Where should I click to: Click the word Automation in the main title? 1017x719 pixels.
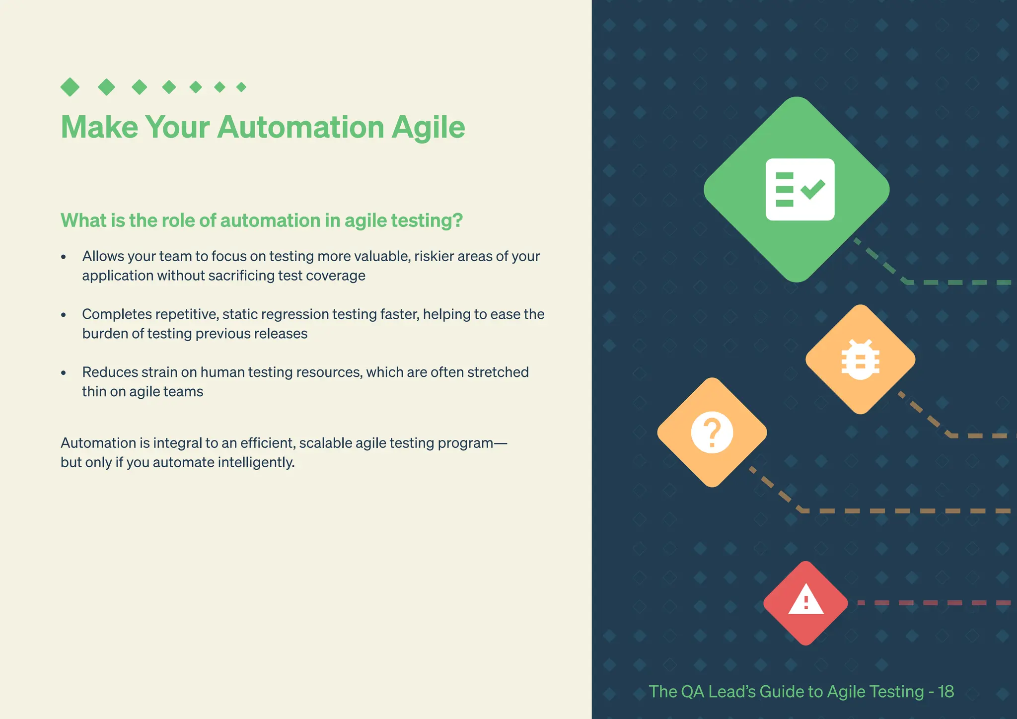pyautogui.click(x=300, y=127)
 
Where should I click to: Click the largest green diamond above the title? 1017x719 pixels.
pyautogui.click(x=70, y=87)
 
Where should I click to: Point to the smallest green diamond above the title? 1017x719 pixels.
pyautogui.click(x=241, y=87)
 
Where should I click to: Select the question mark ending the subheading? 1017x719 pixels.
pyautogui.click(x=458, y=220)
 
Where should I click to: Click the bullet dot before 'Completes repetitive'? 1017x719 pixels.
pyautogui.click(x=64, y=315)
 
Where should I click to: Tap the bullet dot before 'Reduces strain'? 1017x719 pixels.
pyautogui.click(x=64, y=373)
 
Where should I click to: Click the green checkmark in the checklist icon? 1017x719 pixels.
pyautogui.click(x=813, y=189)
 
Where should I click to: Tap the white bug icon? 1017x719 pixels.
pyautogui.click(x=860, y=359)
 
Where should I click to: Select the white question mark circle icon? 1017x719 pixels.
pyautogui.click(x=712, y=432)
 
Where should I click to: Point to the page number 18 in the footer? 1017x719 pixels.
pyautogui.click(x=946, y=692)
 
